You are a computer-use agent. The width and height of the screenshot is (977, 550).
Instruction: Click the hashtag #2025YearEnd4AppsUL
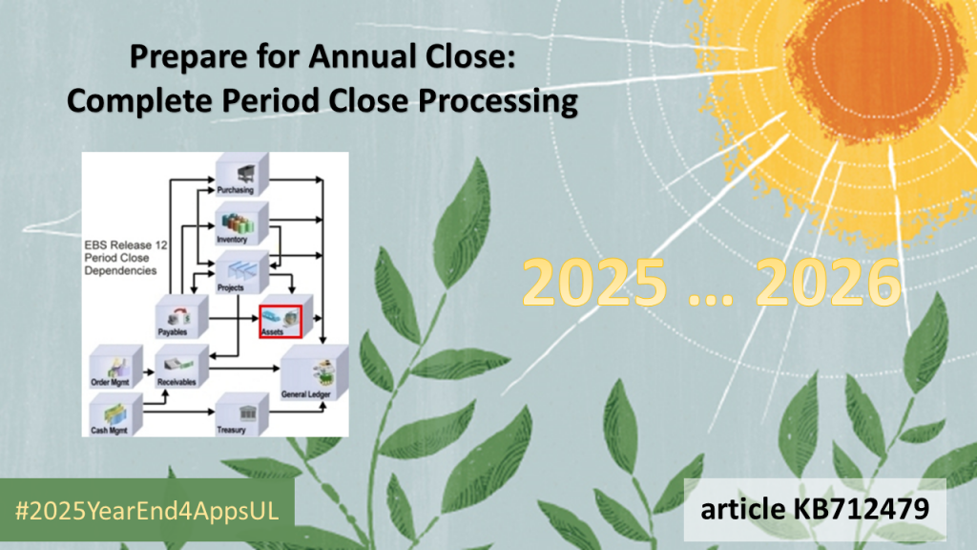click(147, 510)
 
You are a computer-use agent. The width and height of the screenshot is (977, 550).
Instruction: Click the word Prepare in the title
click(177, 59)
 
